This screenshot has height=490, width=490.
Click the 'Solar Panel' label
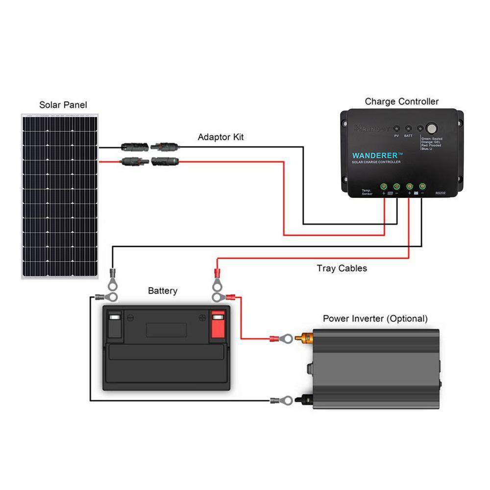(x=63, y=105)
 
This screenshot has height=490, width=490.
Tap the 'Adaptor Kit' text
(x=220, y=137)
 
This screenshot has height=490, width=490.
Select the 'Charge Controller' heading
(x=402, y=102)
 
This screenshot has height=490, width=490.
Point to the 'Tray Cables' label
(x=342, y=268)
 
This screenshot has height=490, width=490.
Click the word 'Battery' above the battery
(x=163, y=291)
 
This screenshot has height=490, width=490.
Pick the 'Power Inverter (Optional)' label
(x=375, y=318)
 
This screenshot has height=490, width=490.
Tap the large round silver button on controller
(x=432, y=128)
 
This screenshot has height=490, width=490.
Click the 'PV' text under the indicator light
(x=396, y=135)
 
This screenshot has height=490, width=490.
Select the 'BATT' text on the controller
(x=409, y=135)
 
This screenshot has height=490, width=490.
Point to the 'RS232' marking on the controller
(x=441, y=193)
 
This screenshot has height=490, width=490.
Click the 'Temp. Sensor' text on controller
(x=367, y=193)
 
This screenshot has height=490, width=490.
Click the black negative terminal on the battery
(x=114, y=324)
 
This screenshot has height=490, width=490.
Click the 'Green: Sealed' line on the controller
(x=433, y=139)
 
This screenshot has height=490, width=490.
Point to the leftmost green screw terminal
(x=384, y=186)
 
